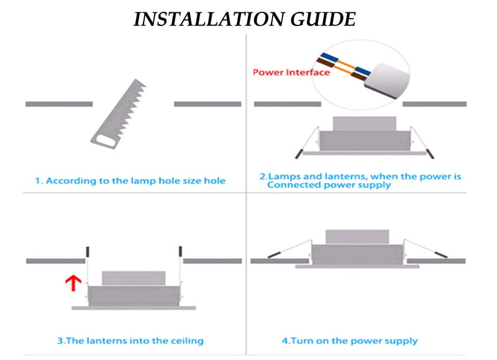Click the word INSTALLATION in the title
[203, 19]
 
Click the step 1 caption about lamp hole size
[130, 181]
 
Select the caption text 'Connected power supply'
[329, 185]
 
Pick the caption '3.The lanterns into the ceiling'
[130, 340]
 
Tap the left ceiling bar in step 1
[58, 104]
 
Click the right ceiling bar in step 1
[207, 104]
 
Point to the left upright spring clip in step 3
[88, 252]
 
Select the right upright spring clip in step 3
[181, 252]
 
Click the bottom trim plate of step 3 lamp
[134, 307]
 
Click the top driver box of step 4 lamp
[357, 236]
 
